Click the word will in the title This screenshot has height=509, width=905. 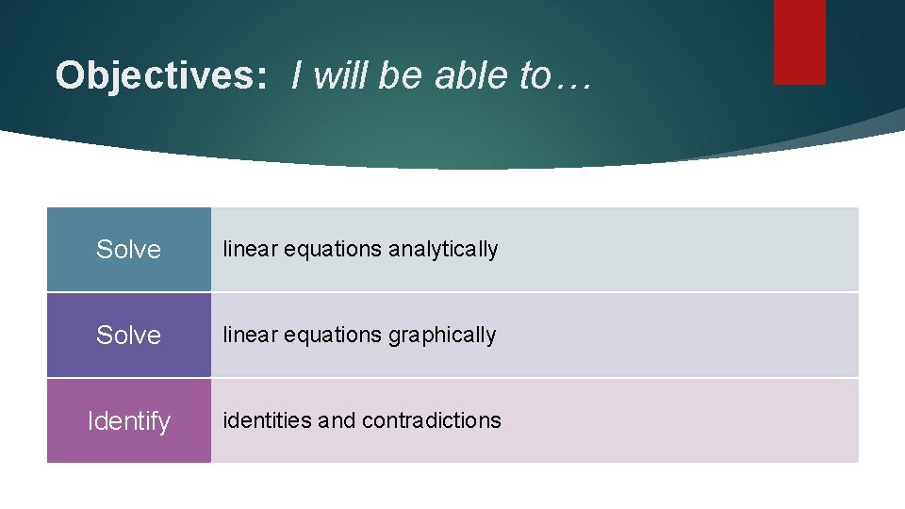[343, 75]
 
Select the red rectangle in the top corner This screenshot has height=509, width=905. [799, 41]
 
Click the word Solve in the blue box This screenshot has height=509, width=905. [129, 250]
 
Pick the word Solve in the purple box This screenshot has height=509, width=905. [129, 336]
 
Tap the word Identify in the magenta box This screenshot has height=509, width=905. [129, 421]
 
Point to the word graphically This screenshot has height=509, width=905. [442, 336]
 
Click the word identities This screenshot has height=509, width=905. [268, 420]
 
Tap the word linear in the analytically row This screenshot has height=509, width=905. [243, 250]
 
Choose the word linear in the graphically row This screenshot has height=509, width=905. [243, 336]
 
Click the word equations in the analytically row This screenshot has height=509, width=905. [326, 250]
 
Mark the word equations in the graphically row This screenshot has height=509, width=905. [326, 336]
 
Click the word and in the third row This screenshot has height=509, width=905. [337, 420]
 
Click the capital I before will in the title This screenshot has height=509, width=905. [298, 75]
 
